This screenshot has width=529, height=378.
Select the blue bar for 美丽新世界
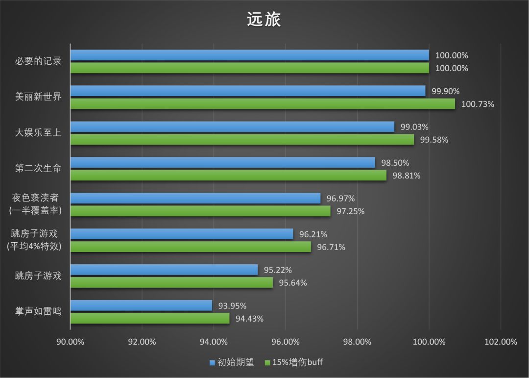pyautogui.click(x=248, y=91)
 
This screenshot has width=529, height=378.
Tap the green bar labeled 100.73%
pyautogui.click(x=263, y=104)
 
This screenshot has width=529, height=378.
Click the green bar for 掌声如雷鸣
pyautogui.click(x=150, y=318)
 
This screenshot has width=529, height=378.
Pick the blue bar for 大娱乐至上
pyautogui.click(x=232, y=126)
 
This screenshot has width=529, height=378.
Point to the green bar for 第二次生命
pyautogui.click(x=228, y=175)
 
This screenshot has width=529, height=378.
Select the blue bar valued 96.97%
pyautogui.click(x=195, y=198)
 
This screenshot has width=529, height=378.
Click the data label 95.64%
pyautogui.click(x=293, y=283)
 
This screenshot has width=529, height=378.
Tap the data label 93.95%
pyautogui.click(x=232, y=306)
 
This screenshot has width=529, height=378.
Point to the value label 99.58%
pyautogui.click(x=434, y=140)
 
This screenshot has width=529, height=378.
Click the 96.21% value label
pyautogui.click(x=313, y=234)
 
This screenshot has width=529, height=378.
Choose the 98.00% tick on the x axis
pyautogui.click(x=357, y=342)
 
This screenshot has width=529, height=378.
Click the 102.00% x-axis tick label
pyautogui.click(x=501, y=342)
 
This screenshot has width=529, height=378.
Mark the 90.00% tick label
pyautogui.click(x=70, y=342)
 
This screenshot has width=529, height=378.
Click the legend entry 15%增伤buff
pyautogui.click(x=293, y=363)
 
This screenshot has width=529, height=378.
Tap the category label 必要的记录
pyautogui.click(x=38, y=61)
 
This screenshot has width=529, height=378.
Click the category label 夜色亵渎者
pyautogui.click(x=35, y=198)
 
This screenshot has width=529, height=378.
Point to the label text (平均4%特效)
pyautogui.click(x=34, y=247)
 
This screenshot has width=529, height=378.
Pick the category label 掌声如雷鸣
pyautogui.click(x=38, y=311)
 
